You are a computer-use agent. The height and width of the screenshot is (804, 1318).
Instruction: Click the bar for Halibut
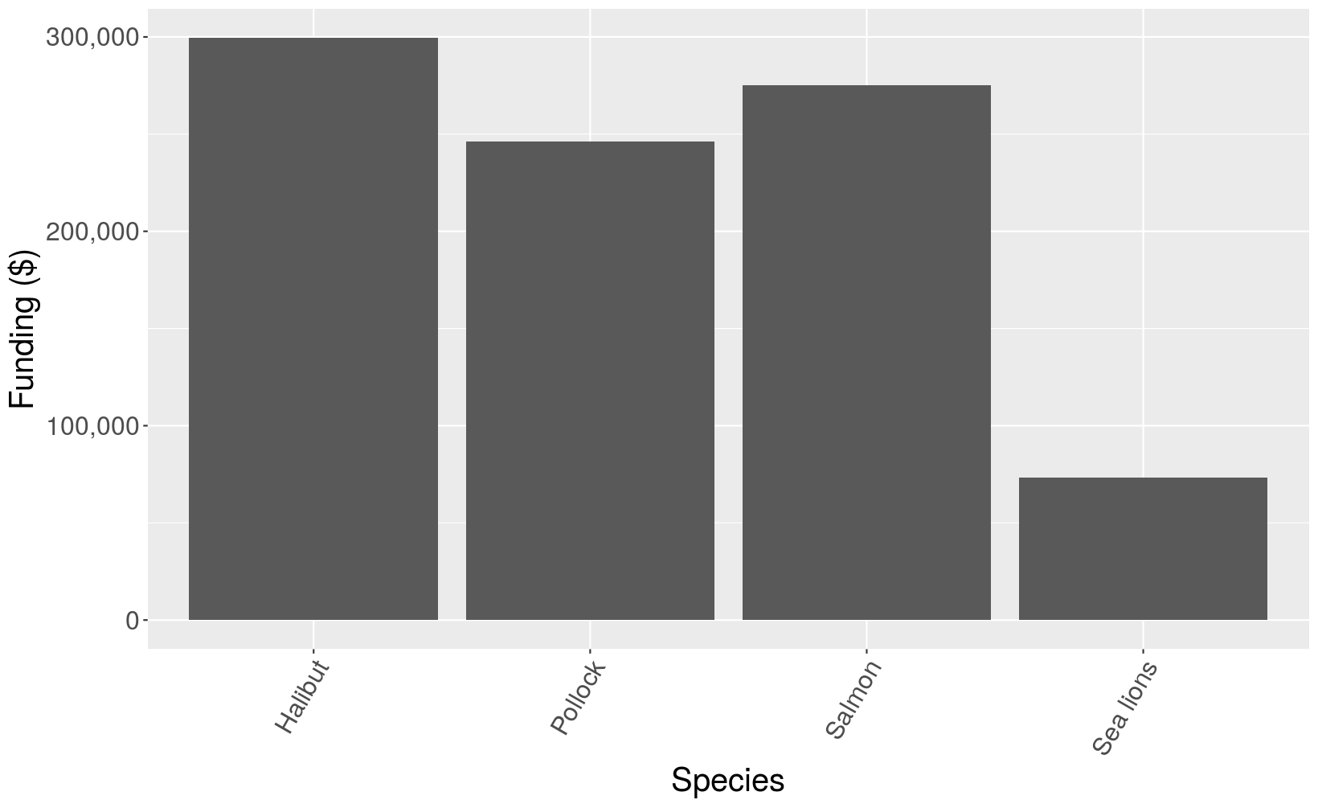(313, 329)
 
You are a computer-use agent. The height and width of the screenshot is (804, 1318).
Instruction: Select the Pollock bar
(590, 381)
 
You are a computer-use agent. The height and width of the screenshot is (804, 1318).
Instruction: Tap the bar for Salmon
(866, 353)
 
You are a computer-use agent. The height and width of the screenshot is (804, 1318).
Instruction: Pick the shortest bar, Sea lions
(1143, 549)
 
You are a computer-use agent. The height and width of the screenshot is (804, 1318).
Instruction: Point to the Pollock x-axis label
(578, 697)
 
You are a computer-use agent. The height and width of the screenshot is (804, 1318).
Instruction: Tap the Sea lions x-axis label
(1126, 708)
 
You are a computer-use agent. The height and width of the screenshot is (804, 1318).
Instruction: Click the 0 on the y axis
(132, 621)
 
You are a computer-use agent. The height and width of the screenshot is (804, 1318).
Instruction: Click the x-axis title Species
(727, 781)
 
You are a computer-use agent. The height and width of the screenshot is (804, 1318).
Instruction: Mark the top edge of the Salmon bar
(866, 86)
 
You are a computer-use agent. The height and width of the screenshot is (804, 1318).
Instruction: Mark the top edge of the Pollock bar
(590, 142)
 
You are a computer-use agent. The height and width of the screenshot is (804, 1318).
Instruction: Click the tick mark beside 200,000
(145, 232)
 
